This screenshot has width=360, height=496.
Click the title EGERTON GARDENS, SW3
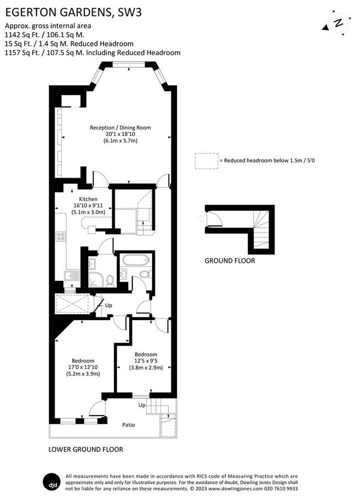pyautogui.click(x=73, y=12)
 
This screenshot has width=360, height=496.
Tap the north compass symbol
pyautogui.click(x=337, y=23)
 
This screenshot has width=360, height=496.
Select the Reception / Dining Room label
pyautogui.click(x=120, y=128)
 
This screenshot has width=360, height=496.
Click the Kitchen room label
pyautogui.click(x=88, y=199)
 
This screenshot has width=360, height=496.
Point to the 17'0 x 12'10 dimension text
pyautogui.click(x=83, y=367)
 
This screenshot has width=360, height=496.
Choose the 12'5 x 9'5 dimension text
pyautogui.click(x=146, y=361)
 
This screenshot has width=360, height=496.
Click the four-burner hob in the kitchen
pyautogui.click(x=61, y=236)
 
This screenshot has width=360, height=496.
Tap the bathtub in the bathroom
pyautogui.click(x=136, y=261)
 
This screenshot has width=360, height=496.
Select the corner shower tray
pyautogui.click(x=95, y=280)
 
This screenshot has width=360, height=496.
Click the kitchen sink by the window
pyautogui.click(x=72, y=276)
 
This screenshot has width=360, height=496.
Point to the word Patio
pyautogui.click(x=128, y=425)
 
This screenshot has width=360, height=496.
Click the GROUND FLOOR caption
pyautogui.click(x=230, y=261)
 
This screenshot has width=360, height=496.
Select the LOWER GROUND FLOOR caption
pyautogui.click(x=86, y=449)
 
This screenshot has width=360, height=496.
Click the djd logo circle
pyautogui.click(x=51, y=482)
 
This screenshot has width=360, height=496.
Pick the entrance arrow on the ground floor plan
pyautogui.click(x=201, y=219)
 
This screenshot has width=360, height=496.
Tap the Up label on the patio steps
pyautogui.click(x=142, y=405)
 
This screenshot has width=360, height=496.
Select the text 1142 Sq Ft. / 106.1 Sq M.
pyautogui.click(x=44, y=35)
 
